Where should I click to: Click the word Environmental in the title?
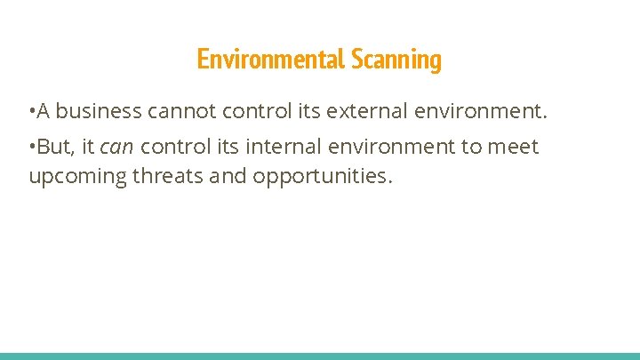[x=271, y=60]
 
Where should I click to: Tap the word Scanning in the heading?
[x=396, y=60]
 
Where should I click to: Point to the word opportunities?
[x=321, y=177]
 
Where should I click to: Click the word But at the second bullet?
[x=56, y=147]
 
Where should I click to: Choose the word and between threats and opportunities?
[x=228, y=177]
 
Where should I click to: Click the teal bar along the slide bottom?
[x=320, y=356]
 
